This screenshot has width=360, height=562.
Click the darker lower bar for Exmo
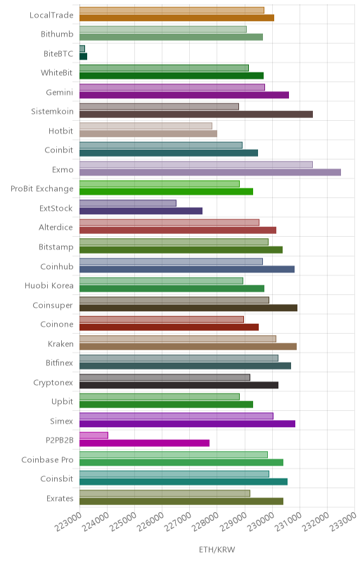210,172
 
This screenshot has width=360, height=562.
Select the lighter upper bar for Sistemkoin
159,107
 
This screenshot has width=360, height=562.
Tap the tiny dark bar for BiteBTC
83,56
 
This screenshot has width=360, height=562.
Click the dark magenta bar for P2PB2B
145,443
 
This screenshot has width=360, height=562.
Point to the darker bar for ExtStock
141,211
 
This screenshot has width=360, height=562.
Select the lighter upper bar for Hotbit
146,126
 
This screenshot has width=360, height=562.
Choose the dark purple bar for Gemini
184,95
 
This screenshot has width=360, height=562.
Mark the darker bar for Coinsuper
188,308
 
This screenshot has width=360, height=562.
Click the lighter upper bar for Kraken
178,339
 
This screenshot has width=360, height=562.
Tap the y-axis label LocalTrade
51,15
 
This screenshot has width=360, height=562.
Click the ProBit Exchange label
42,189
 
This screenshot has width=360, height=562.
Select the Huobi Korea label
49,286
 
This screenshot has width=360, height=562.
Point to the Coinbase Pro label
47,460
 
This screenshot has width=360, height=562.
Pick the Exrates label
60,499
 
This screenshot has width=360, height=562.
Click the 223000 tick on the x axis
68,522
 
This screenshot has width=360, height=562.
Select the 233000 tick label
343,522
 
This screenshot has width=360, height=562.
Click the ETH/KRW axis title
217,550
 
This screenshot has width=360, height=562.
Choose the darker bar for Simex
187,424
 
